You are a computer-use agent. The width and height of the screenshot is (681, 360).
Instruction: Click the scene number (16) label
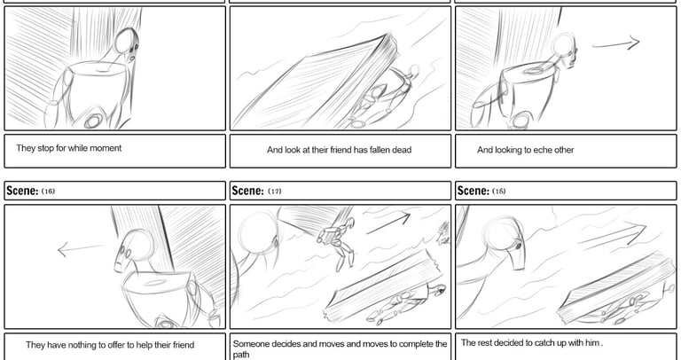tap(48, 191)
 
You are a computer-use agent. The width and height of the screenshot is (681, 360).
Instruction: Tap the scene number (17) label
tap(275, 191)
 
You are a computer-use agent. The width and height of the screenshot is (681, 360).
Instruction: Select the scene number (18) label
tap(499, 191)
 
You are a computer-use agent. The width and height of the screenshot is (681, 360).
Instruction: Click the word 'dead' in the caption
tap(401, 150)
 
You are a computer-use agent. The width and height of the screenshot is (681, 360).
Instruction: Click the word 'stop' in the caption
tap(46, 148)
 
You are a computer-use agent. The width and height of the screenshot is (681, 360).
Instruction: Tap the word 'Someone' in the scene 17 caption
tap(250, 344)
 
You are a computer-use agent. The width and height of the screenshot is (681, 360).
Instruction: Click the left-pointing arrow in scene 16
tap(81, 249)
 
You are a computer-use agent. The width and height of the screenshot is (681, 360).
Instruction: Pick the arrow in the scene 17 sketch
tap(387, 223)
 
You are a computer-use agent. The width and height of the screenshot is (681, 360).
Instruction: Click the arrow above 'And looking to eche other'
tap(616, 43)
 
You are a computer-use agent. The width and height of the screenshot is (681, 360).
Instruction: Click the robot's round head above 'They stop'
tap(127, 42)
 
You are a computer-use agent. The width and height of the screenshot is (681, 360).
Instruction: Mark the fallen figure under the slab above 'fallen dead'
tap(382, 98)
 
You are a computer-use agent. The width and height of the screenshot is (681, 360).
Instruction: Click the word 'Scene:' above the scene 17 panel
tap(247, 191)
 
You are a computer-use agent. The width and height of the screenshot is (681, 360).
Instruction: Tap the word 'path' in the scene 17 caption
tap(241, 355)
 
